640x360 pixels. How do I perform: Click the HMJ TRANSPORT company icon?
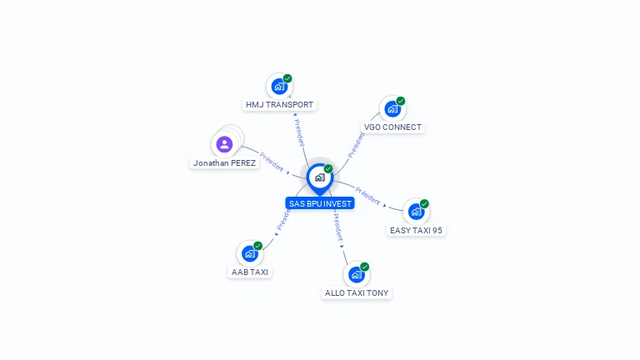279,87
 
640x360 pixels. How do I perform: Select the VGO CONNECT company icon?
392,109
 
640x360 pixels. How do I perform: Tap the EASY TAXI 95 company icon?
416,212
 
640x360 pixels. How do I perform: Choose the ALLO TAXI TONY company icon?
357,275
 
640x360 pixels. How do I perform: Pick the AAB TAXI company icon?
249,253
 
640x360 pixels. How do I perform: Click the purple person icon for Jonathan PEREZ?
224,144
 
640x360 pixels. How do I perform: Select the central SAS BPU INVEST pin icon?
320,178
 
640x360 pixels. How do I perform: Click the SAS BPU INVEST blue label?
320,203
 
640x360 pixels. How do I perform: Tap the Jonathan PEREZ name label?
224,162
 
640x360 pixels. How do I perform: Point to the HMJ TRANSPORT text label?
280,105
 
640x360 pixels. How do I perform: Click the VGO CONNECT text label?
392,127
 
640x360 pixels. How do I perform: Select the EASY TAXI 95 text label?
416,231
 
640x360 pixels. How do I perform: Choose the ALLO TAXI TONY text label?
357,293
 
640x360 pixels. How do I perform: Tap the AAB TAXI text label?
250,272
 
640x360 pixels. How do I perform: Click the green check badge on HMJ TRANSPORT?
287,78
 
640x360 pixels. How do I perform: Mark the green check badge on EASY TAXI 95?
424,203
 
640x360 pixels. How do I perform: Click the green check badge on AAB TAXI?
257,246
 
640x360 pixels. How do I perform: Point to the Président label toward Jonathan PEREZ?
272,162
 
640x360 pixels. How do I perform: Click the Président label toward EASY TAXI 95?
367,196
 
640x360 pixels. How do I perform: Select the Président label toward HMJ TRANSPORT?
299,133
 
